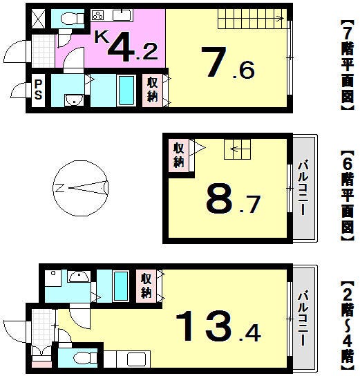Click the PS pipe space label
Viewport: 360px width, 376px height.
click(38, 89)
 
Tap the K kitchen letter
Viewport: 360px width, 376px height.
click(101, 37)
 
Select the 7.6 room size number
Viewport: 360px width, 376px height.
click(227, 63)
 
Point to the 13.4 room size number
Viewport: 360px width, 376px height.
click(218, 326)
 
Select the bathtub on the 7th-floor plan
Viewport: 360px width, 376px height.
click(126, 91)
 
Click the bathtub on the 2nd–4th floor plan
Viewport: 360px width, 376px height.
click(120, 286)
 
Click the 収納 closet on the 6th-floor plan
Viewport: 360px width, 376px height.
click(179, 155)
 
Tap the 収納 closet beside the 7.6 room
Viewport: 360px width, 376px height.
click(153, 90)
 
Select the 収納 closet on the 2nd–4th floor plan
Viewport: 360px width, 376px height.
click(146, 285)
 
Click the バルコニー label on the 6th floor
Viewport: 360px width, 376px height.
click(303, 188)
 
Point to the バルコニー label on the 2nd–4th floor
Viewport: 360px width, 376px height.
click(303, 318)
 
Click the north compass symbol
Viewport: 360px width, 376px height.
click(81, 188)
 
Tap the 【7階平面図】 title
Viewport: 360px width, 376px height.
click(348, 66)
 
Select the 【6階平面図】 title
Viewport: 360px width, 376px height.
click(348, 196)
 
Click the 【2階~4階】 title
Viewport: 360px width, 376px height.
click(348, 326)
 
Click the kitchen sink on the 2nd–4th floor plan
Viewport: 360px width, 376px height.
click(136, 359)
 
